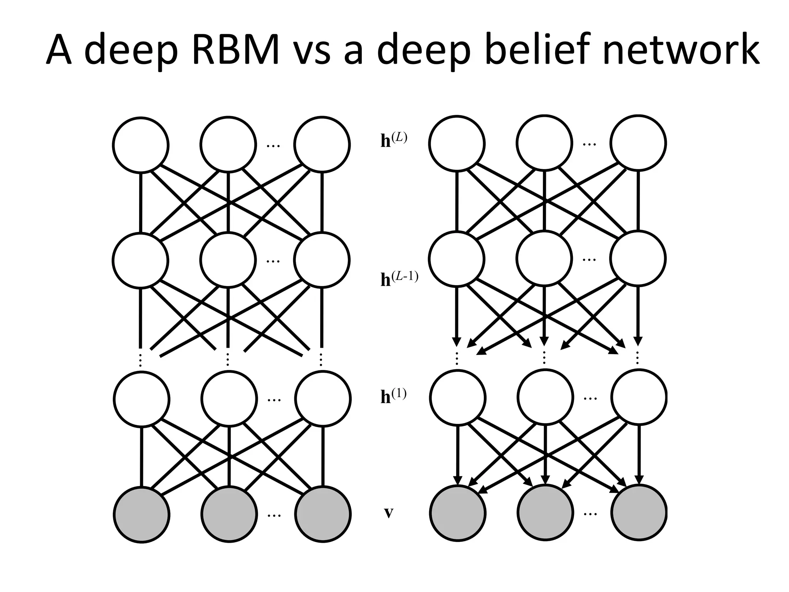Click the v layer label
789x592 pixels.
point(389,513)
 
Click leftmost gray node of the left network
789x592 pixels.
point(141,515)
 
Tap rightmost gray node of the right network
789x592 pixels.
point(638,513)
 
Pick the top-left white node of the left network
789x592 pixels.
point(141,145)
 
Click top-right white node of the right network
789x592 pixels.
point(638,143)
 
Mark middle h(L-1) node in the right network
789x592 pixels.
point(544,259)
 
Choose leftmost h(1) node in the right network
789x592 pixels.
point(457,397)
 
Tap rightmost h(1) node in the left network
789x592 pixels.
point(323,399)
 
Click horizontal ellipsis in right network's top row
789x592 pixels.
point(589,145)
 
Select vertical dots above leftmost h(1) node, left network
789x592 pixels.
point(141,360)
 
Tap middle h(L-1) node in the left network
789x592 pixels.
point(228,260)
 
